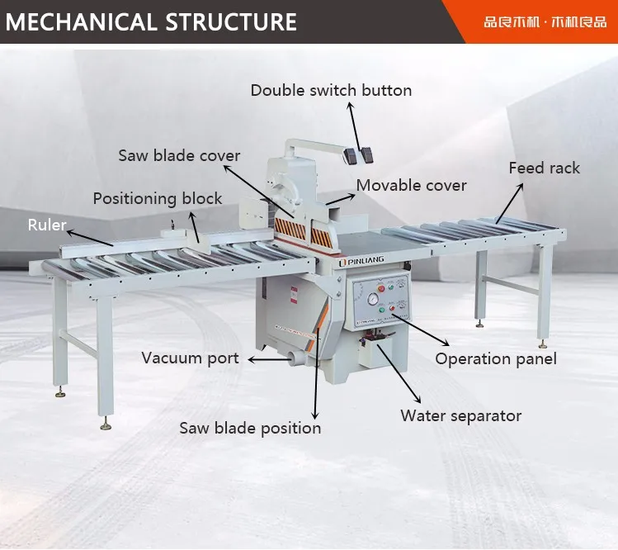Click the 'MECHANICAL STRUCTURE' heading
pyautogui.click(x=151, y=21)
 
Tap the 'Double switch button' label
pyautogui.click(x=331, y=90)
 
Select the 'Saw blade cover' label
pyautogui.click(x=179, y=155)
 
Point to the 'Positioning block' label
pyautogui.click(x=157, y=198)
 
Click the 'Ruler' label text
pyautogui.click(x=47, y=225)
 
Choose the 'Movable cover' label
pyautogui.click(x=411, y=185)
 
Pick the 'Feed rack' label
pyautogui.click(x=544, y=168)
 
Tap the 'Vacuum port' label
pyautogui.click(x=190, y=358)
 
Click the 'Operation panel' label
pyautogui.click(x=495, y=358)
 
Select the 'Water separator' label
pyautogui.click(x=460, y=415)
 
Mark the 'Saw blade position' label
pyautogui.click(x=250, y=428)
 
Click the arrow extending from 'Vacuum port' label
pyautogui.click(x=267, y=359)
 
